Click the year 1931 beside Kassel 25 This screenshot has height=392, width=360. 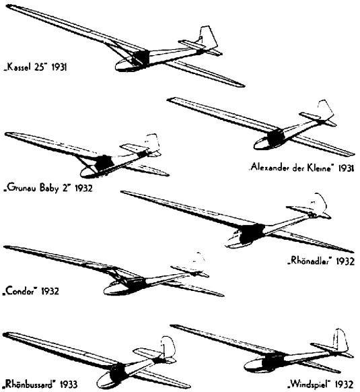pyautogui.click(x=59, y=67)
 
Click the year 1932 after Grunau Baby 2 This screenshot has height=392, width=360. pyautogui.click(x=83, y=188)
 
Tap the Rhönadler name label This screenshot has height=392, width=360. pyautogui.click(x=310, y=261)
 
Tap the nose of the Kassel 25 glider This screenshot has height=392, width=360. pyautogui.click(x=119, y=65)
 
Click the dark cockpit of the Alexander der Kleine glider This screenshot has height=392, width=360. pyautogui.click(x=276, y=137)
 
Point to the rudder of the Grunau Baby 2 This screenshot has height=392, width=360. pyautogui.click(x=153, y=143)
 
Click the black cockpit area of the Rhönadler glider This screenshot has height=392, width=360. pyautogui.click(x=251, y=233)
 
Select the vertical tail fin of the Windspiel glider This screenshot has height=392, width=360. pyautogui.click(x=340, y=341)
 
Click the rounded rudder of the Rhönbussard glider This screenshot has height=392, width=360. pyautogui.click(x=168, y=348)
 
